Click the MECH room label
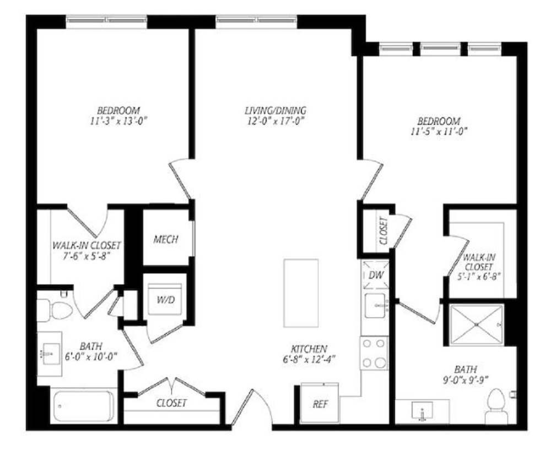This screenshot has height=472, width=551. (166, 239)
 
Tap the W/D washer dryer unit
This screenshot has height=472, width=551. (165, 299)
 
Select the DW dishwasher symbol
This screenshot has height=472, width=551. (376, 275)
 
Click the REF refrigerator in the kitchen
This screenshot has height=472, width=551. (320, 403)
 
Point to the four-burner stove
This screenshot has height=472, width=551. (374, 353)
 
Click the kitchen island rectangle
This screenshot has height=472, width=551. (301, 293)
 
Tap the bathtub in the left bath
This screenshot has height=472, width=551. (84, 406)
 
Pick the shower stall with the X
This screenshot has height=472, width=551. (477, 325)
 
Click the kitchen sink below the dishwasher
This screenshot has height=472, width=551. (375, 306)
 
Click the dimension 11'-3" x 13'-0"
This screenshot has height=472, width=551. (118, 122)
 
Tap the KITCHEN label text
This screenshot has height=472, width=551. (309, 349)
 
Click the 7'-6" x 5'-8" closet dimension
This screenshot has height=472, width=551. (87, 256)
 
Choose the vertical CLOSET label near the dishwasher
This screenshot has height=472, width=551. (383, 230)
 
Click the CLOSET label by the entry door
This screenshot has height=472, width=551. (171, 403)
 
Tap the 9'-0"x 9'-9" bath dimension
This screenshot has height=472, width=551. (466, 380)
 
